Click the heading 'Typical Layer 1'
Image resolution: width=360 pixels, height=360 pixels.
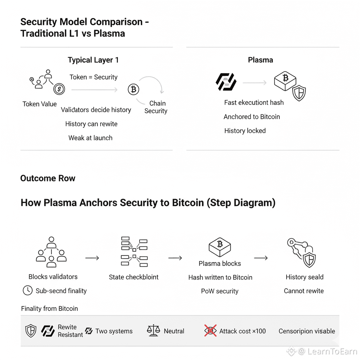pos(93,60)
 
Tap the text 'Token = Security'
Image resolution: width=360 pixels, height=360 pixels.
pos(94,77)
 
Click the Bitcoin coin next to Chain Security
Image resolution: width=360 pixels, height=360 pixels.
pos(133,90)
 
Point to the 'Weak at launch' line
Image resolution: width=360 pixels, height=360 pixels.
pos(90,138)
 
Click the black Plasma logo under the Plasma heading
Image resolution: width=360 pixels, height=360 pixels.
pos(226,82)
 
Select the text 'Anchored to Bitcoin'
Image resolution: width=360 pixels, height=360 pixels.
pos(252,117)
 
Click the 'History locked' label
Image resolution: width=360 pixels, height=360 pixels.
pos(245,131)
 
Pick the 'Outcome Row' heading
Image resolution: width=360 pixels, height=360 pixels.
pos(48,178)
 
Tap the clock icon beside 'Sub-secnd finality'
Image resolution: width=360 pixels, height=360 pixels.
pos(27,291)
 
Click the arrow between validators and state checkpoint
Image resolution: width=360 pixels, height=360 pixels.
pos(92,258)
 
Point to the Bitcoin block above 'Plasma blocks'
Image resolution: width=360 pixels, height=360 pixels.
pos(220,246)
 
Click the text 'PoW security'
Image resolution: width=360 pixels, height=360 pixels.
pos(220,291)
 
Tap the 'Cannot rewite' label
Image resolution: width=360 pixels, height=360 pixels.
pos(304,291)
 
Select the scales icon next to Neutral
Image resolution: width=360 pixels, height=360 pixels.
pos(153,331)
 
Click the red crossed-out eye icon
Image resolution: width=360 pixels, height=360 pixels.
pos(210,331)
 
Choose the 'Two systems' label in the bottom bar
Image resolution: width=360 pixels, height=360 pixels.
pos(114,331)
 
